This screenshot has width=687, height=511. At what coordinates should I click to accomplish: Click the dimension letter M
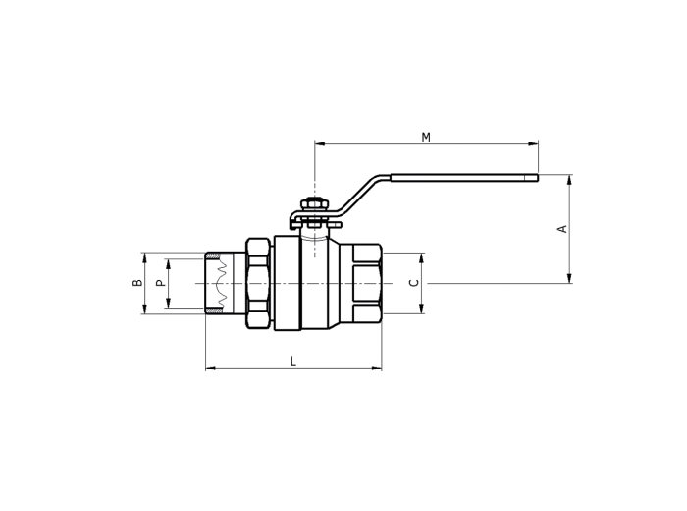pos(426,138)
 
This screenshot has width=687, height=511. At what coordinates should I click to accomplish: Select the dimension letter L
pos(293,362)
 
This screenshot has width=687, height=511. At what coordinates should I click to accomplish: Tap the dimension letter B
pos(137,283)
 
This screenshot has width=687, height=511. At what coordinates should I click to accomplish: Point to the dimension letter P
pos(161,283)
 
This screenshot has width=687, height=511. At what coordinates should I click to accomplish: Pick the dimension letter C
pos(413,283)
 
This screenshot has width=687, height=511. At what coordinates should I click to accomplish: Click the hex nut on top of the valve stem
pos(315,204)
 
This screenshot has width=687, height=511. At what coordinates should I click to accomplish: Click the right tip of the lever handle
pos(538,177)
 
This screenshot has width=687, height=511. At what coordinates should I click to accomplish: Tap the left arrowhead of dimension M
pos(319,143)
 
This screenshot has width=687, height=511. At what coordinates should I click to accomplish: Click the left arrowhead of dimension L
pos(210,368)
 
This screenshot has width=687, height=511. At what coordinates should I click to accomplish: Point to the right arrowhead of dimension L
pos(377,368)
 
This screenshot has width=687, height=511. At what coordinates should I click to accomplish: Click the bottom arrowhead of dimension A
pos(569,278)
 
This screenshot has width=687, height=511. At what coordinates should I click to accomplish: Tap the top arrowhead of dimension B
pos(144,257)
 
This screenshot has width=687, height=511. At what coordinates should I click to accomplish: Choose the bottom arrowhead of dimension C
pos(421,309)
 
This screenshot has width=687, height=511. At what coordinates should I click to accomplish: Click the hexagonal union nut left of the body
pos(257,283)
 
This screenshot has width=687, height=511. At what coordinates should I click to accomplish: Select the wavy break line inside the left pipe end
pos(223,283)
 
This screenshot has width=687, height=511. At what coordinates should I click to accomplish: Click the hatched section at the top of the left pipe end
pos(213,255)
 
